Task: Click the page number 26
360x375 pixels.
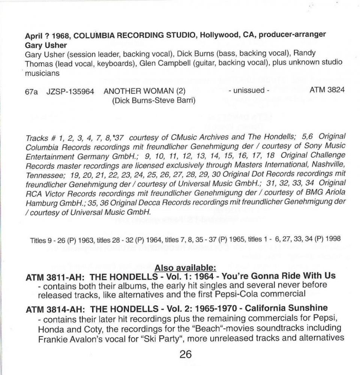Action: pyautogui.click(x=185, y=354)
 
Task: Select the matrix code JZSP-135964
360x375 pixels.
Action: pyautogui.click(x=70, y=91)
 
